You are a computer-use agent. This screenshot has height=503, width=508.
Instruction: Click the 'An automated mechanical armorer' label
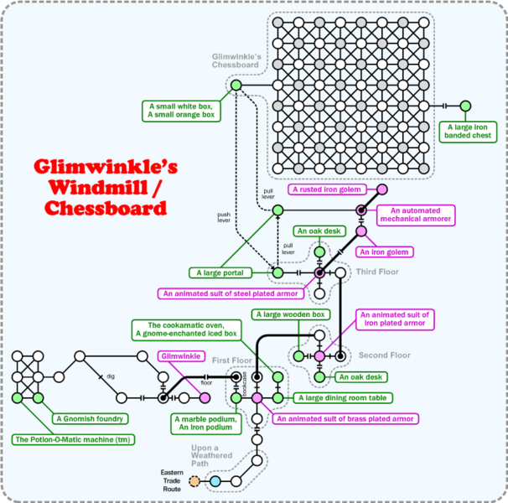(409, 214)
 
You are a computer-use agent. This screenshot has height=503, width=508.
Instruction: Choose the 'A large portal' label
(220, 272)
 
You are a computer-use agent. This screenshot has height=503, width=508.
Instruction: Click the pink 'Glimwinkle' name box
(179, 355)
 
